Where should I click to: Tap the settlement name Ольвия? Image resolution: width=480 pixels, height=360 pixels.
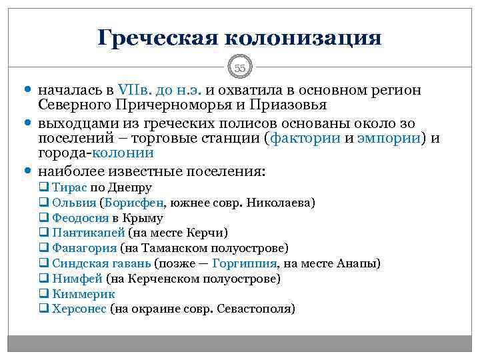tap(73, 203)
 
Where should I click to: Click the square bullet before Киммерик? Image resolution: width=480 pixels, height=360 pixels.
tap(43, 294)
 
